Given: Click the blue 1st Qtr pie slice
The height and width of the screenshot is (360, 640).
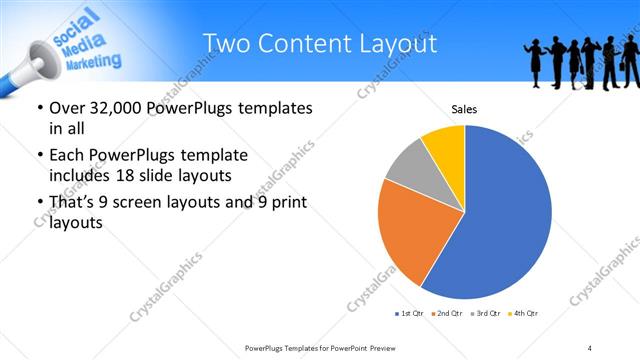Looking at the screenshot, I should click(x=505, y=220).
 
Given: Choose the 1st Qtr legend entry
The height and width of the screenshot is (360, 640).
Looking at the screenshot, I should click(x=411, y=314).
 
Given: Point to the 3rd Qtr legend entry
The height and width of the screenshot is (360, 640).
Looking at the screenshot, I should click(x=486, y=314).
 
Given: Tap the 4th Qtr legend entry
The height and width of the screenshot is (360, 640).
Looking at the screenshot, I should click(x=523, y=314).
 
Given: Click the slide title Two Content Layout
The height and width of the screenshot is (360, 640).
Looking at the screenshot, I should click(x=319, y=44).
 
